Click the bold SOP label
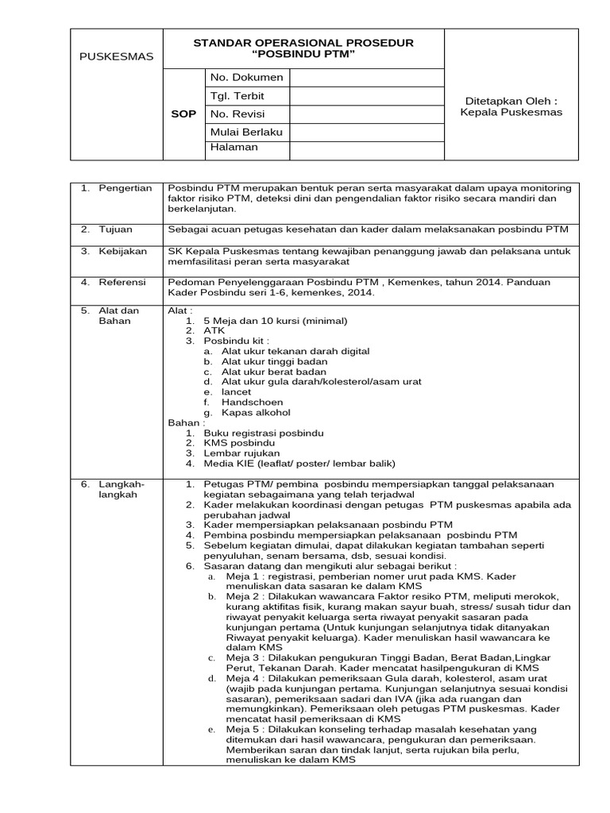point(183,114)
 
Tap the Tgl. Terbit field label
point(237,96)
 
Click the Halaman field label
point(234,147)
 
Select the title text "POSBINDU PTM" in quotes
point(303,54)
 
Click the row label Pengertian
point(125,188)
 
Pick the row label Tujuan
point(117,229)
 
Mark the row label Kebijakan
point(123,252)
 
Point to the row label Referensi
point(123,282)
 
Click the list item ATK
point(214,329)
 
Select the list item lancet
point(236,391)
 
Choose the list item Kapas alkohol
point(256,413)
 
